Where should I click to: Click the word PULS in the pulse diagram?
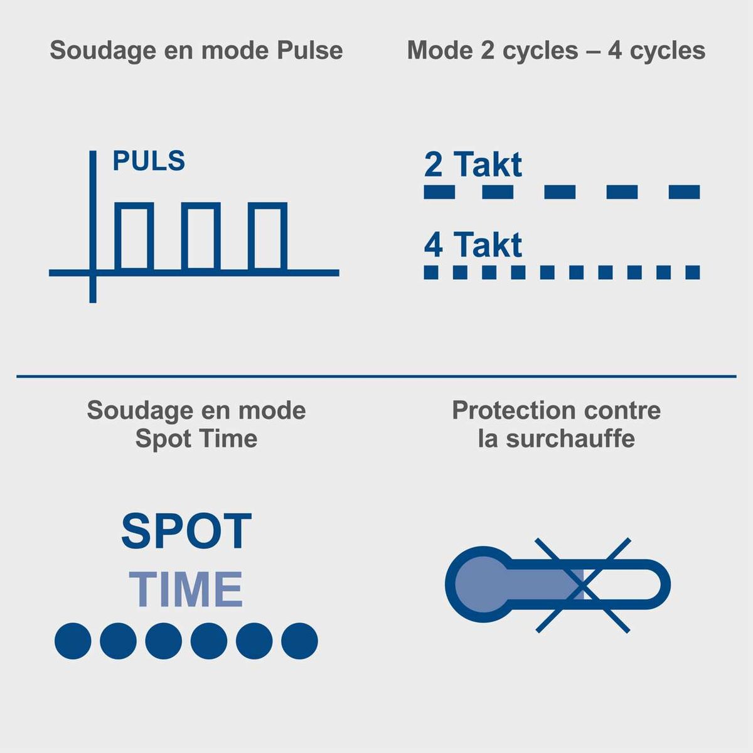click(149, 161)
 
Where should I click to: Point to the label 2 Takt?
click(473, 164)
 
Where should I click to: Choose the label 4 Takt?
click(473, 245)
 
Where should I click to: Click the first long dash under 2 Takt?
click(439, 192)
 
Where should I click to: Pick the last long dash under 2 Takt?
click(684, 192)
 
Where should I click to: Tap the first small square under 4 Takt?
click(431, 272)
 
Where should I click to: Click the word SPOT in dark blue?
click(186, 531)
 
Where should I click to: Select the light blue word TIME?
click(186, 589)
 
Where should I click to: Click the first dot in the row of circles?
click(73, 641)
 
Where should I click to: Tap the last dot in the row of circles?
click(300, 641)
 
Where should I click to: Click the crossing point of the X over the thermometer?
click(582, 585)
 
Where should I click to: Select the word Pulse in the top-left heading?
click(310, 50)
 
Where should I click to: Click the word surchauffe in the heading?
click(570, 439)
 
